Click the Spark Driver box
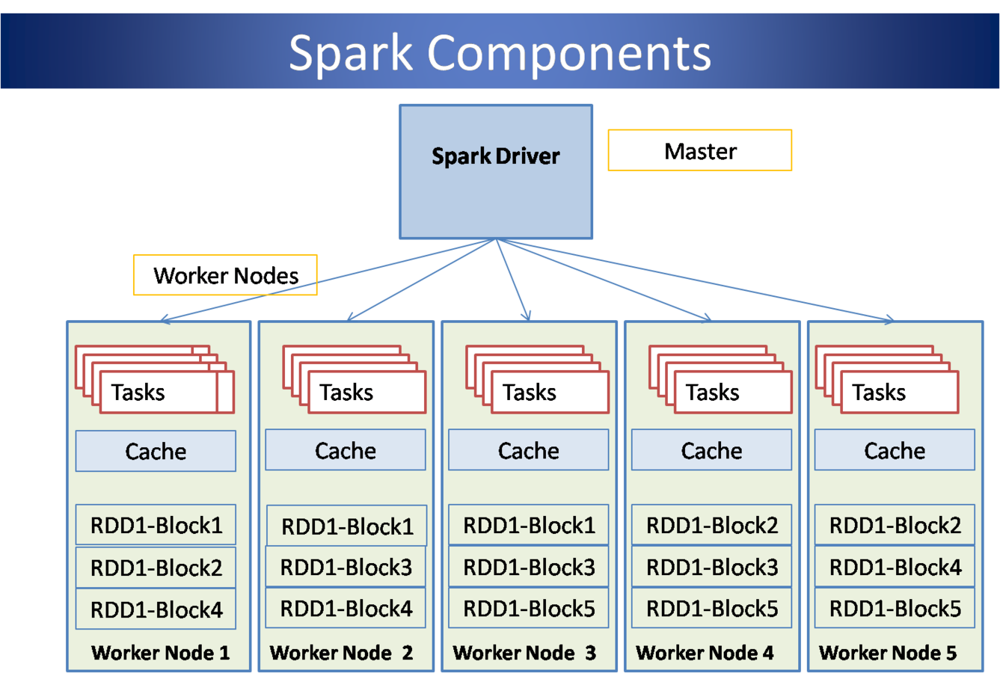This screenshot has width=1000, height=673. (x=496, y=171)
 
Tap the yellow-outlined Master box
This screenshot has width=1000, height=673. (x=699, y=150)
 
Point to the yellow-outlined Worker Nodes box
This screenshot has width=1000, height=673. (x=225, y=275)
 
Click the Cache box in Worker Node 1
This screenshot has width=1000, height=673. (x=156, y=451)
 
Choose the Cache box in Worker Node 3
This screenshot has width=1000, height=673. (x=528, y=450)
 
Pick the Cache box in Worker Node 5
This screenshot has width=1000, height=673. (x=895, y=450)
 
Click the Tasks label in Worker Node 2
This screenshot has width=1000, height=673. (x=346, y=392)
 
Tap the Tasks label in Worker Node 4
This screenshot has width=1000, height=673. (x=713, y=392)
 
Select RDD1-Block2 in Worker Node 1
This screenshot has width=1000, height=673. (x=156, y=568)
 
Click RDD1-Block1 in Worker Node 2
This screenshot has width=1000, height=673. (x=347, y=526)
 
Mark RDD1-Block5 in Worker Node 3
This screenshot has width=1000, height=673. (x=529, y=609)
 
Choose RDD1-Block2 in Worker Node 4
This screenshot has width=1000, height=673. (x=712, y=525)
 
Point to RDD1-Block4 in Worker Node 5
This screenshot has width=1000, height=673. (x=895, y=567)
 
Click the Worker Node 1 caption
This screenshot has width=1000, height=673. (x=160, y=653)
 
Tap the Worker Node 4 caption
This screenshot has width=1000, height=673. (x=705, y=653)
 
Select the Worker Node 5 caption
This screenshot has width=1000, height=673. (x=888, y=653)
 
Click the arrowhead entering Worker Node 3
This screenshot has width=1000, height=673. (x=527, y=316)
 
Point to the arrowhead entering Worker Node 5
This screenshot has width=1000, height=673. (x=890, y=319)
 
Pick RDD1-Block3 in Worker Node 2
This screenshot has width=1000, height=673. (x=346, y=567)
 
